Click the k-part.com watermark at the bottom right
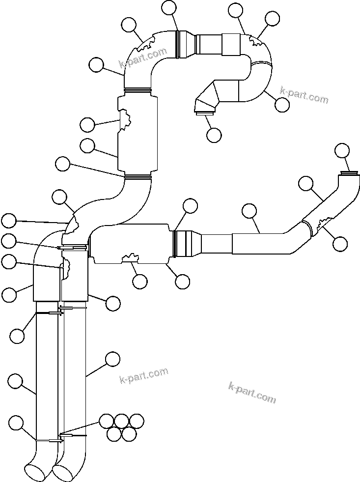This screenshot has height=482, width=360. pos(252,392)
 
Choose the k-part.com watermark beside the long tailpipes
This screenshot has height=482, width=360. pos(144,376)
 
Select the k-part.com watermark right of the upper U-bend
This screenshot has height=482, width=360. pos(304,95)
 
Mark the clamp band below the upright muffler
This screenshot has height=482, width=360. pos(137,176)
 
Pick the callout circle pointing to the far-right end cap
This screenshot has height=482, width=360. pos(342,150)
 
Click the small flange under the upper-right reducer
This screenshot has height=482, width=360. pos(205,114)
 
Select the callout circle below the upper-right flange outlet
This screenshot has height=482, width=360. pos(214,135)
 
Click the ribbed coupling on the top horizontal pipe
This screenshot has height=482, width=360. pos(185,44)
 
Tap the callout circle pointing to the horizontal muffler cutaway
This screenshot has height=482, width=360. pos(140,281)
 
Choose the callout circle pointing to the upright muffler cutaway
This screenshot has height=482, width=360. pos(87,125)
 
